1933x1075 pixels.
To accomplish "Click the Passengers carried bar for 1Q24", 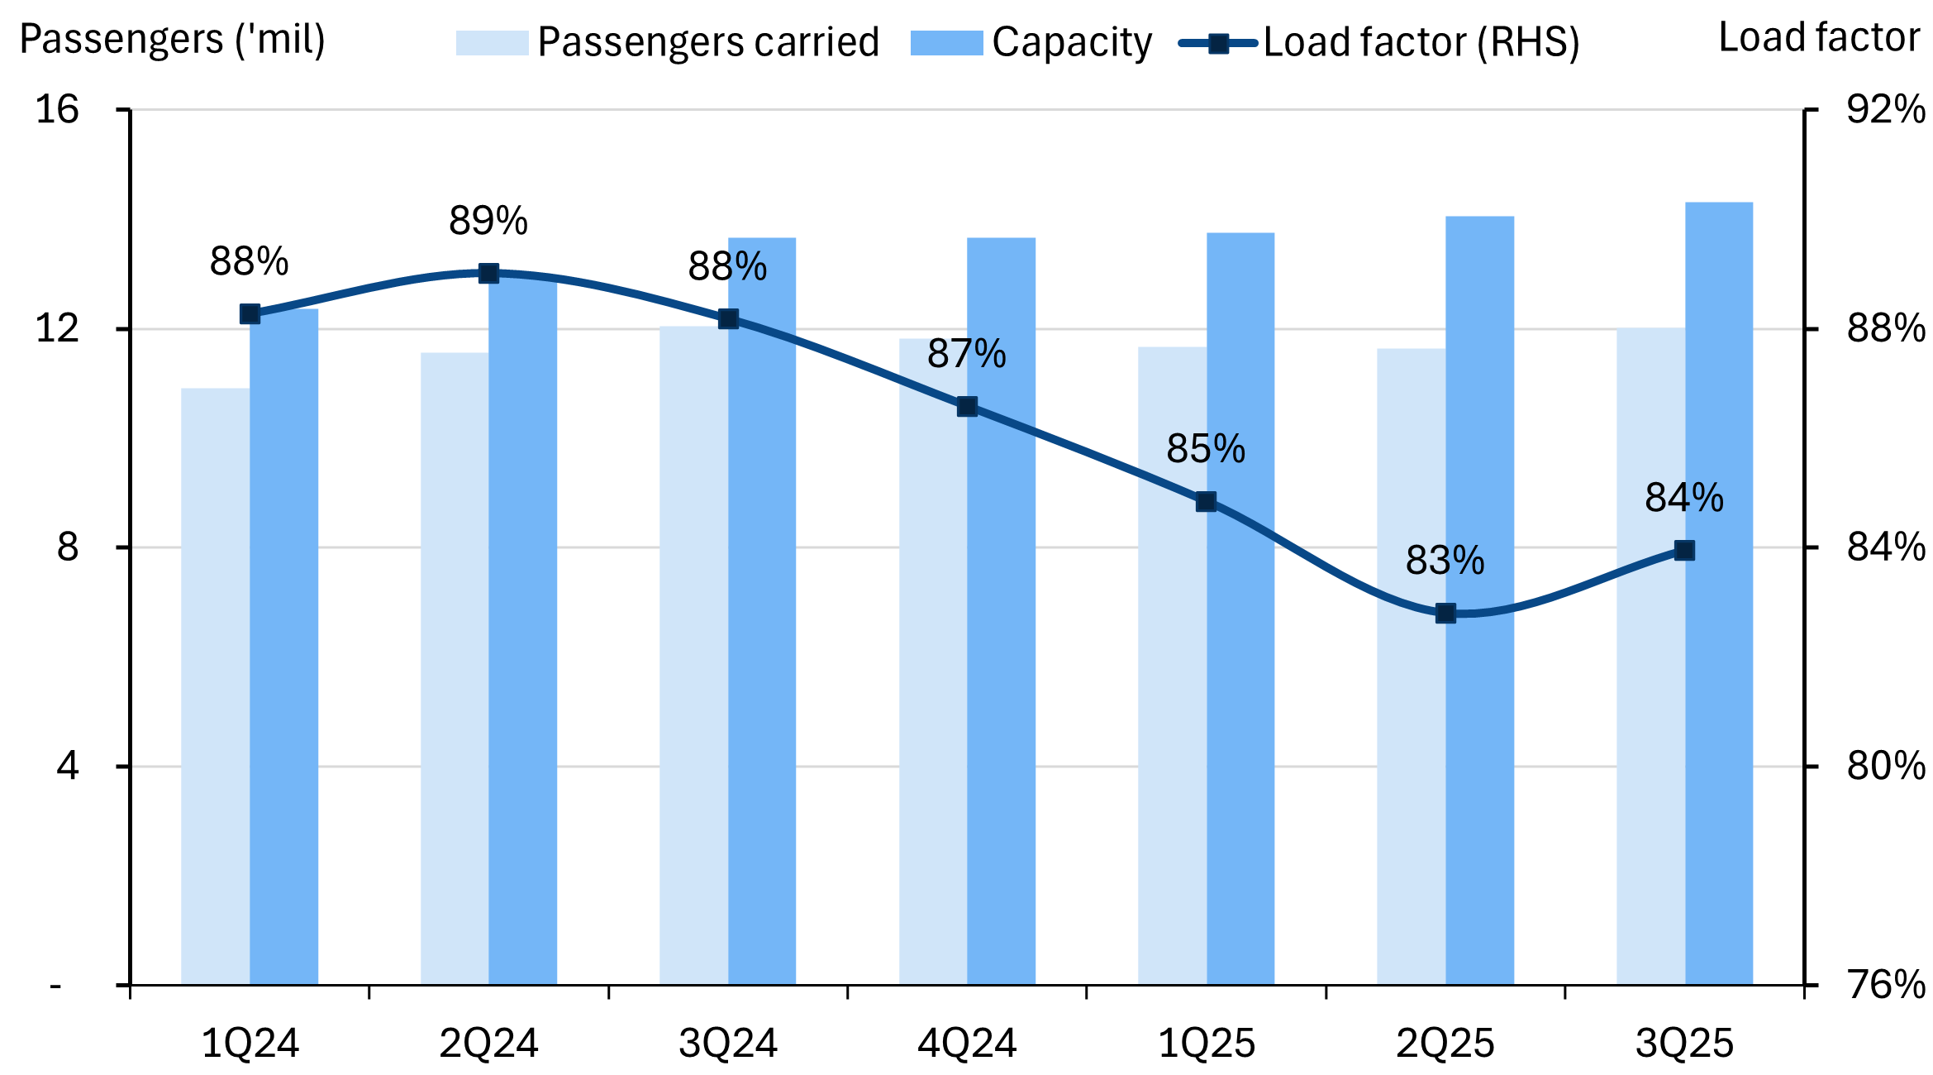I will (x=215, y=686).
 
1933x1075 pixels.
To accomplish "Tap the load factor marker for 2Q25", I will (x=1445, y=614).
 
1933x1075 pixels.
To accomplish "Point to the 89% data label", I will (x=488, y=221).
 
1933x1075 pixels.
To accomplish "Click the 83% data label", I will (x=1445, y=561).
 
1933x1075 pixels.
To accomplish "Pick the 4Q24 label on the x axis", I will (x=967, y=1044).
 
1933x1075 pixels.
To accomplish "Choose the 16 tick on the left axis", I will (x=57, y=109).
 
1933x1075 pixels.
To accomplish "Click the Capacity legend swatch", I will (x=946, y=43).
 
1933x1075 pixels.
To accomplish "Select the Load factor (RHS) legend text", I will (x=1421, y=42).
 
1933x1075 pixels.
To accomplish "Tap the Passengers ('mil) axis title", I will (x=172, y=39).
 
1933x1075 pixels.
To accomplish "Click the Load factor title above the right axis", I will (x=1819, y=37).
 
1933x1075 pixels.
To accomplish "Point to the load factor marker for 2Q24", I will (x=488, y=274).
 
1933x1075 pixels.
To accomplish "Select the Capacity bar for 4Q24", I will (x=1001, y=612).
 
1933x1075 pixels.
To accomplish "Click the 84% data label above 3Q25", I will (x=1684, y=498).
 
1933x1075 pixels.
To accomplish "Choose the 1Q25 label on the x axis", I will (x=1207, y=1044).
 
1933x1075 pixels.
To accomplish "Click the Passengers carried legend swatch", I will (x=492, y=43).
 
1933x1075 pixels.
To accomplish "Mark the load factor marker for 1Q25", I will (x=1206, y=502).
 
